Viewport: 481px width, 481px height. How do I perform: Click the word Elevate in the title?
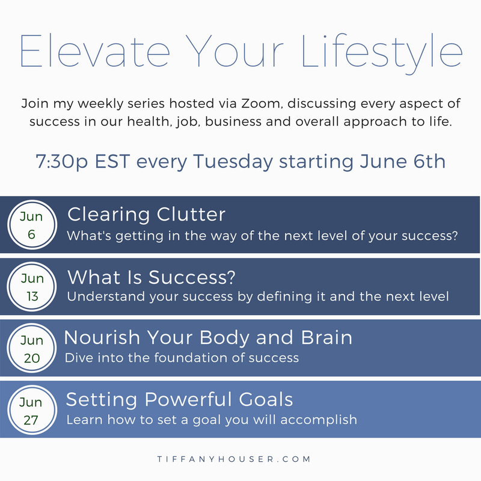[95, 51]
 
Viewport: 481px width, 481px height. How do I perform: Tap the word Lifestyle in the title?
[382, 54]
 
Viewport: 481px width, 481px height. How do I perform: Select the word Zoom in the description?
[260, 103]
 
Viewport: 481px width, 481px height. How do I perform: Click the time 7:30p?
[62, 162]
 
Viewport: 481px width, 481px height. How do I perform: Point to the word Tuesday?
[233, 162]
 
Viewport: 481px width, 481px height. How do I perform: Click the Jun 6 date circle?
[32, 225]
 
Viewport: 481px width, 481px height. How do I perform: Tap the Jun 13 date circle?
[32, 287]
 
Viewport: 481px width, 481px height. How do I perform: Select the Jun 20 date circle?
[32, 348]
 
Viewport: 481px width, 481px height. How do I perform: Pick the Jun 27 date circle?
[32, 410]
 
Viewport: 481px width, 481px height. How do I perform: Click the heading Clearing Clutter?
[146, 215]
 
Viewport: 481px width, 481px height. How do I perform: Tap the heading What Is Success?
[152, 277]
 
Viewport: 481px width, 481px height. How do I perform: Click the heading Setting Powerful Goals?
[179, 399]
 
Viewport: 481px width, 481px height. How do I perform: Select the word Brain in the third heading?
[326, 337]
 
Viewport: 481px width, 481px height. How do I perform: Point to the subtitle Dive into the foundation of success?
[182, 358]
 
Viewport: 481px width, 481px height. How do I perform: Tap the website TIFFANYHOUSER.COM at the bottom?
[234, 459]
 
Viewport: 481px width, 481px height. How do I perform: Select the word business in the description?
[233, 121]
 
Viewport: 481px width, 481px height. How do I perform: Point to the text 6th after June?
[429, 161]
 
